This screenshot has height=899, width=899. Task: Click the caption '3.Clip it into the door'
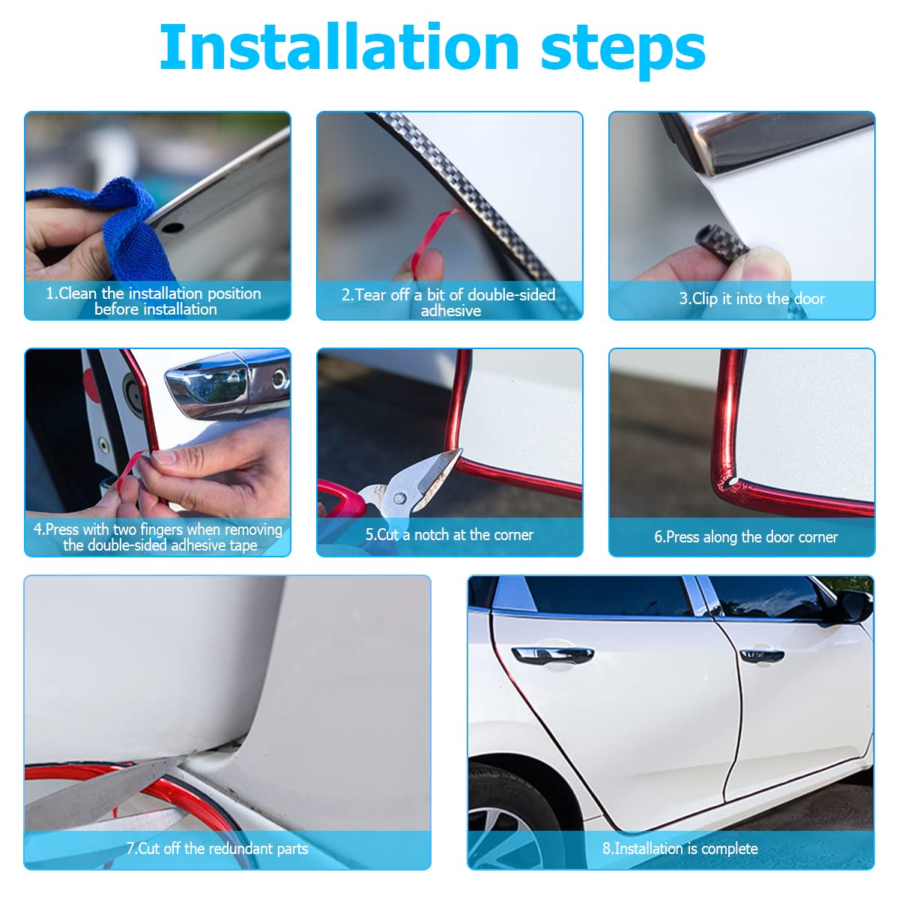pyautogui.click(x=751, y=299)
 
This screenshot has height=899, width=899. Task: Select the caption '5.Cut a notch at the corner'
pyautogui.click(x=449, y=535)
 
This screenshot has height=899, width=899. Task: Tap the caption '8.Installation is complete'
pyautogui.click(x=679, y=849)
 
